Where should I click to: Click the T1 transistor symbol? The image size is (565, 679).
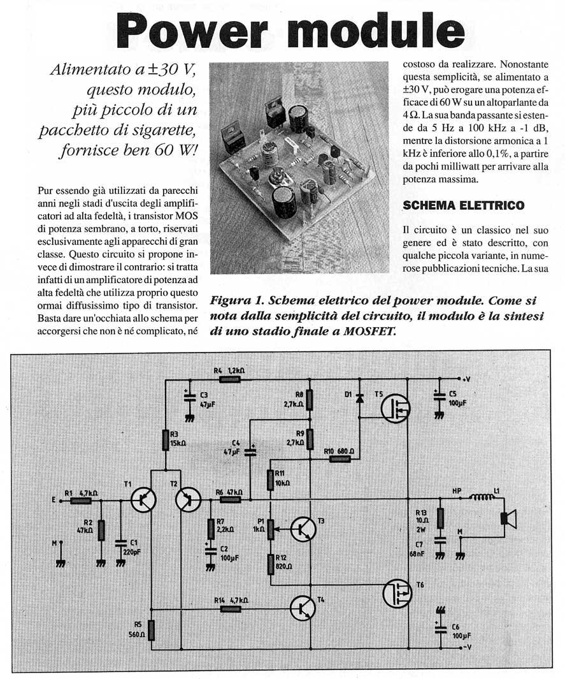point(143,500)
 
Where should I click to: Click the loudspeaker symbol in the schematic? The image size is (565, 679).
point(507,518)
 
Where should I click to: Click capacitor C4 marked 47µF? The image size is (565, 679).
point(250,451)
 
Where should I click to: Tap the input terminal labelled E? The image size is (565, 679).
point(54,500)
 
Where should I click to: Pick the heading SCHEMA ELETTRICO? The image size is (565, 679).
point(464,205)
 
